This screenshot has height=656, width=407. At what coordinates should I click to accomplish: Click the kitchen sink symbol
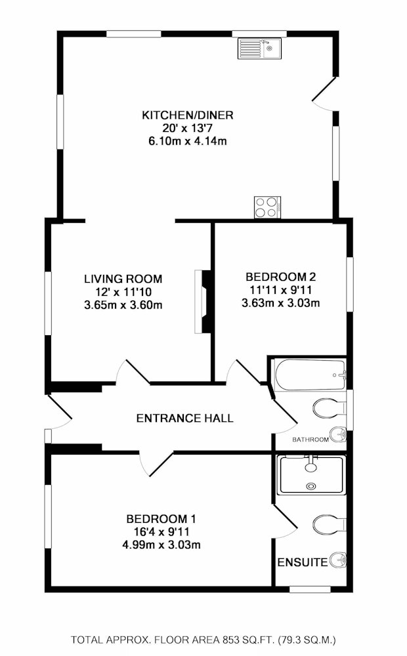pyautogui.click(x=260, y=48)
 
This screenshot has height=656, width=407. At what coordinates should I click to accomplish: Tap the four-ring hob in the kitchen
pyautogui.click(x=267, y=207)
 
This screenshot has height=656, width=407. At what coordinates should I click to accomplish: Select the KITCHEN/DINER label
pyautogui.click(x=188, y=115)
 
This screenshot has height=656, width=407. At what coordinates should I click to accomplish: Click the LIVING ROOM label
pyautogui.click(x=123, y=279)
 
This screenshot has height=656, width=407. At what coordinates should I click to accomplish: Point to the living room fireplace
pyautogui.click(x=202, y=302)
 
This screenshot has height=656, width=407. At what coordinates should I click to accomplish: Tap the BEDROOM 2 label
pyautogui.click(x=280, y=277)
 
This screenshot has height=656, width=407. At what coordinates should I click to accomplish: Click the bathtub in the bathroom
pyautogui.click(x=311, y=375)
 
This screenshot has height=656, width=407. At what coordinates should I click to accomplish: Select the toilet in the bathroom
pyautogui.click(x=330, y=408)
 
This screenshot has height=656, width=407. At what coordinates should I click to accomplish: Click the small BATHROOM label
pyautogui.click(x=311, y=440)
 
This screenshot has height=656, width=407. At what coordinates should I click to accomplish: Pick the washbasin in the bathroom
pyautogui.click(x=338, y=434)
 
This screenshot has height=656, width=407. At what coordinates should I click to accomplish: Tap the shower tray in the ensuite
pyautogui.click(x=312, y=475)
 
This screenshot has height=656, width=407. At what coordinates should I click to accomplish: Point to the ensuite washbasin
pyautogui.click(x=338, y=560)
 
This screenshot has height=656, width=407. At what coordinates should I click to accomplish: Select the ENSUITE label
pyautogui.click(x=303, y=562)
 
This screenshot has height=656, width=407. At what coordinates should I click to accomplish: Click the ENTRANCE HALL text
pyautogui.click(x=184, y=418)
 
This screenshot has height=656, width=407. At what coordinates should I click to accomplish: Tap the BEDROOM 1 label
pyautogui.click(x=161, y=519)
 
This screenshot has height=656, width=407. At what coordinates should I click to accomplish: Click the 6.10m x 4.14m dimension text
pyautogui.click(x=188, y=141)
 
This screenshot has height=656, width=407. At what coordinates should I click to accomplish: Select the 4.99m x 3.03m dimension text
pyautogui.click(x=161, y=544)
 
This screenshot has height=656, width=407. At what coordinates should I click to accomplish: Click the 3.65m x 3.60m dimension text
pyautogui.click(x=123, y=305)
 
